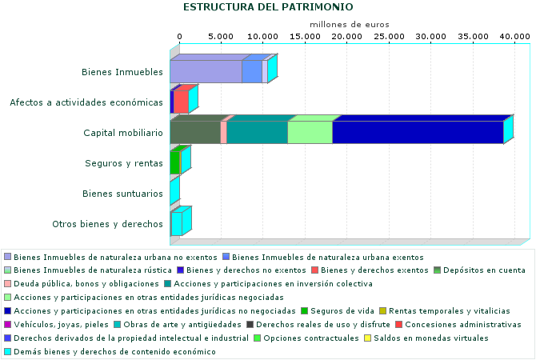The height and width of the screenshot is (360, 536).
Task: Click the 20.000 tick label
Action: pos(347,37)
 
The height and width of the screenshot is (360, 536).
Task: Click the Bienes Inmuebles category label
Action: pos(122,72)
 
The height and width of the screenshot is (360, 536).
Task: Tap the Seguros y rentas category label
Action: pos(124,163)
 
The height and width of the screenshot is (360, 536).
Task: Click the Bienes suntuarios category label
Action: pos(123,194)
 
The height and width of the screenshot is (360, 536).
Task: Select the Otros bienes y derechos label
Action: pos(107,224)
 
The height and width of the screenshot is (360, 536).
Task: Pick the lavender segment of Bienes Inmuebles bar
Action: pos(206,72)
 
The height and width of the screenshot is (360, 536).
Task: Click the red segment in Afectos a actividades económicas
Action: pos(181,102)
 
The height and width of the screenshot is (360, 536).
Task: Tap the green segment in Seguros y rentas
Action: pos(174,163)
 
